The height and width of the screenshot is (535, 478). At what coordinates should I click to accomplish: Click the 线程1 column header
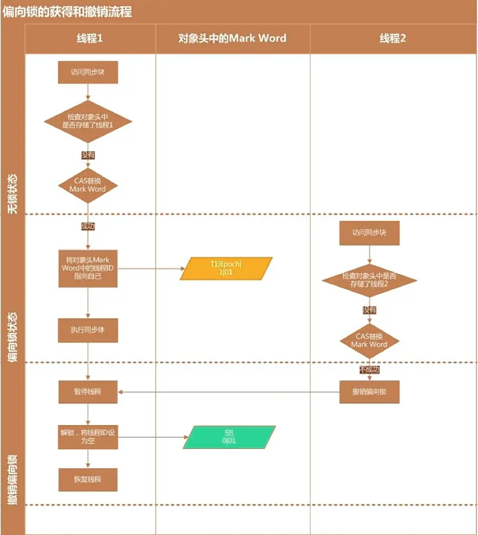tap(90, 39)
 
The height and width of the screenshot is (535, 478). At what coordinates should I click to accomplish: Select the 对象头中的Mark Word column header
tap(232, 39)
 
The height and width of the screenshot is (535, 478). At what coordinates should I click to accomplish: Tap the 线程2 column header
tap(392, 39)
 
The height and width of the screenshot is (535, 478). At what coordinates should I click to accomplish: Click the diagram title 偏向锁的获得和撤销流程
tap(67, 12)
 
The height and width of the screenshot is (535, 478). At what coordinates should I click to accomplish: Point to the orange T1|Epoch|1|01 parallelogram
tap(226, 268)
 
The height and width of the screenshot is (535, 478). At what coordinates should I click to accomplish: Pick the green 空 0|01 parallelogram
tap(229, 437)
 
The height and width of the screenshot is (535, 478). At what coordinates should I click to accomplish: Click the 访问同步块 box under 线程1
tap(88, 72)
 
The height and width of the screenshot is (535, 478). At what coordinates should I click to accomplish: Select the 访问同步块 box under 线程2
tap(369, 232)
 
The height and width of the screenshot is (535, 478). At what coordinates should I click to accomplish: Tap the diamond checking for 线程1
tap(88, 121)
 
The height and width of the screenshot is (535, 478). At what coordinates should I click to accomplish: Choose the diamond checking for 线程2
tap(369, 280)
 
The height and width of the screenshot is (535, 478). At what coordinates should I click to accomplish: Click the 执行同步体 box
tap(88, 330)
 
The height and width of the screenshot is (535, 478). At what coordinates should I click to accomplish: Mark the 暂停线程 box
tap(88, 392)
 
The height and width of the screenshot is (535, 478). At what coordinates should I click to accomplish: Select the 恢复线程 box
tap(88, 479)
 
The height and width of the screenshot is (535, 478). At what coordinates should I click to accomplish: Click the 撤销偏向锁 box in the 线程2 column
tap(369, 392)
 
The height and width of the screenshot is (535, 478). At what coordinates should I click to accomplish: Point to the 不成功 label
tap(369, 369)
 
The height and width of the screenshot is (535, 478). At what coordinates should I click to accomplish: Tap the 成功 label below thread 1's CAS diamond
tap(88, 226)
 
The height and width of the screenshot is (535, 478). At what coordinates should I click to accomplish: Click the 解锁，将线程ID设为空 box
tap(88, 437)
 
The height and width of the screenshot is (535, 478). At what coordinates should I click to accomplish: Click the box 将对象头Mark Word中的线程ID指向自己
tap(88, 268)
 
